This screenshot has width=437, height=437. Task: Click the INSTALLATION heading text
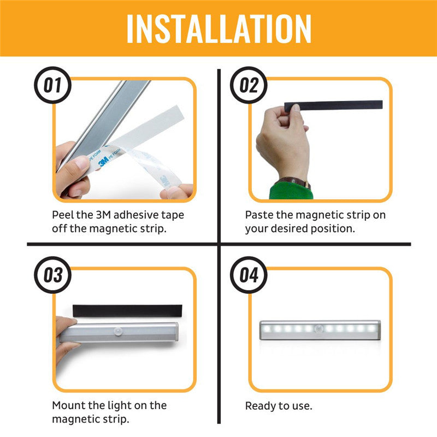coord(218,28)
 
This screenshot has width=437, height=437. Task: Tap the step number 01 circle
coord(53,86)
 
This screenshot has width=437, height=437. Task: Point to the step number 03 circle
coord(53,275)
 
